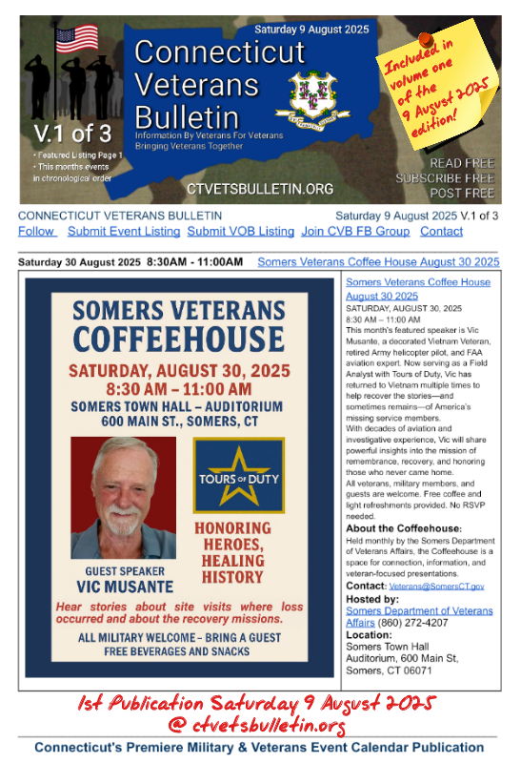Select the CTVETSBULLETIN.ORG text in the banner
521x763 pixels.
(x=248, y=189)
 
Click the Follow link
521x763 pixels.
(x=37, y=232)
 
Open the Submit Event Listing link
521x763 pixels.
(x=124, y=232)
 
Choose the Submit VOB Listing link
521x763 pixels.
(x=240, y=232)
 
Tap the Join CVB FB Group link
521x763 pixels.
(x=355, y=232)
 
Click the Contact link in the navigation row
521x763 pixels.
(x=441, y=232)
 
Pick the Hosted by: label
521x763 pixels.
(x=372, y=597)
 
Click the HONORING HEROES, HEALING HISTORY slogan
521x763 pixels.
(x=233, y=552)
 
